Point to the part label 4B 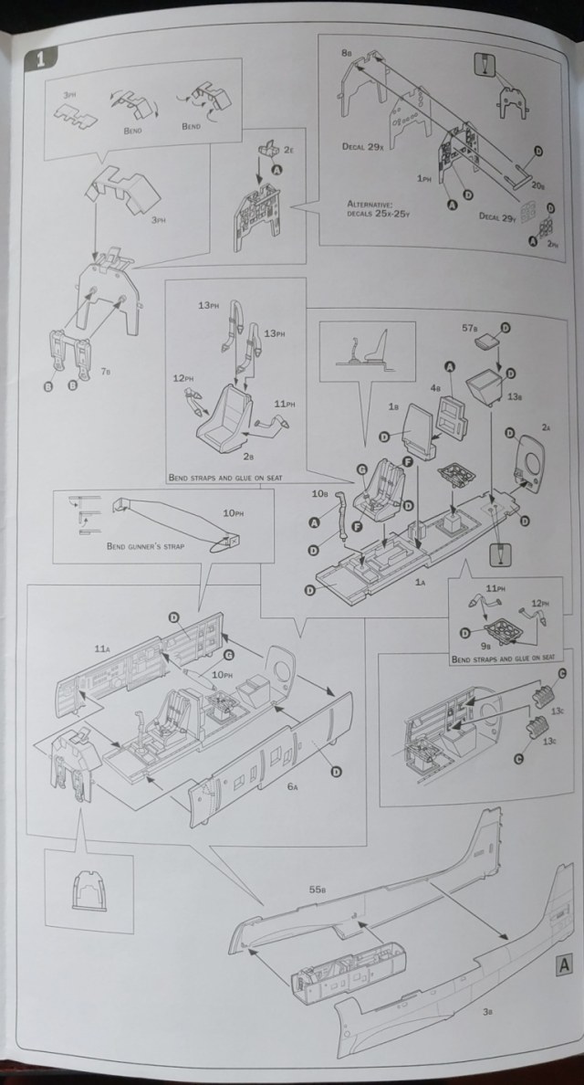[437, 387]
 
